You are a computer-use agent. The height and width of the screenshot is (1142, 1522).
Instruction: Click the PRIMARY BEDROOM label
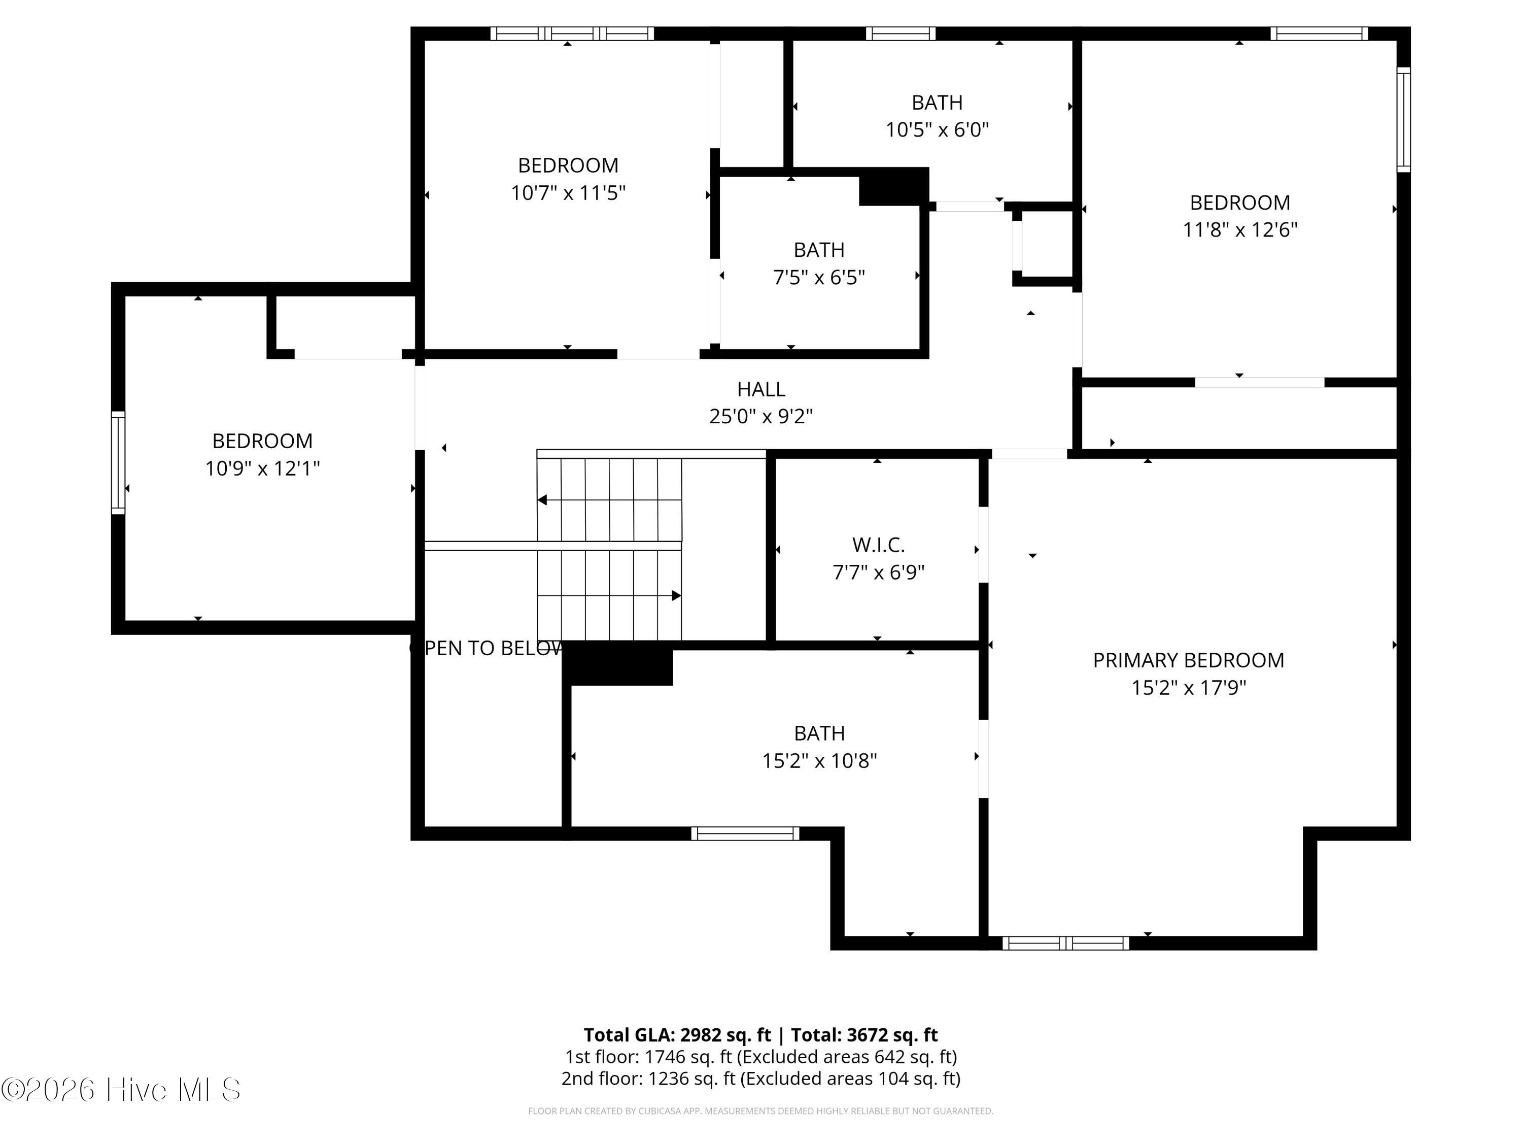pyautogui.click(x=1188, y=660)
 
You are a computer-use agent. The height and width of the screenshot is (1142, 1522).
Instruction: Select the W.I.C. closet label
pyautogui.click(x=878, y=545)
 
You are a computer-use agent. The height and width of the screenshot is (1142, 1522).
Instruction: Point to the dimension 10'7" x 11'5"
pyautogui.click(x=568, y=193)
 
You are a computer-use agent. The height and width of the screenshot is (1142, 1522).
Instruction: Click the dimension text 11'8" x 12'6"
pyautogui.click(x=1240, y=229)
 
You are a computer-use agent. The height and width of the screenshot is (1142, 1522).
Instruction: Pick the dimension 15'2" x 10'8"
pyautogui.click(x=819, y=761)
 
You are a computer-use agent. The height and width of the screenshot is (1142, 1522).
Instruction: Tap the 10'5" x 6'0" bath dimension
pyautogui.click(x=937, y=129)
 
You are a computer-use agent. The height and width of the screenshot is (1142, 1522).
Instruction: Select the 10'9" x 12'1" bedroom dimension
pyautogui.click(x=262, y=468)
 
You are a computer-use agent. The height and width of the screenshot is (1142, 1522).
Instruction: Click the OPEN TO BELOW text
pyautogui.click(x=487, y=649)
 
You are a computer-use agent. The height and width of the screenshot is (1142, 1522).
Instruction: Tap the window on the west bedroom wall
pyautogui.click(x=118, y=462)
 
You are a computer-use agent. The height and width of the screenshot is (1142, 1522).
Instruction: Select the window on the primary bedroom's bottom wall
pyautogui.click(x=1065, y=943)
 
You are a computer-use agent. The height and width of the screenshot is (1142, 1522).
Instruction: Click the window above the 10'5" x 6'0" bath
pyautogui.click(x=900, y=33)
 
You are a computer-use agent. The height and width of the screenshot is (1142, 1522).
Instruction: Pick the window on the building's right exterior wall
pyautogui.click(x=1404, y=119)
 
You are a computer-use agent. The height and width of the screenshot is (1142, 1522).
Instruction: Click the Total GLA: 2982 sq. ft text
pyautogui.click(x=677, y=1034)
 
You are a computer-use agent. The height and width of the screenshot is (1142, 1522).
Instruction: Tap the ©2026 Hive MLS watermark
pyautogui.click(x=121, y=1090)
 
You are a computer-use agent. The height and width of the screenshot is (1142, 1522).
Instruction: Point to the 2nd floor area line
pyautogui.click(x=761, y=1078)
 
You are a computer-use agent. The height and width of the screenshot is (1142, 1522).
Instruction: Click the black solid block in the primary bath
pyautogui.click(x=618, y=663)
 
